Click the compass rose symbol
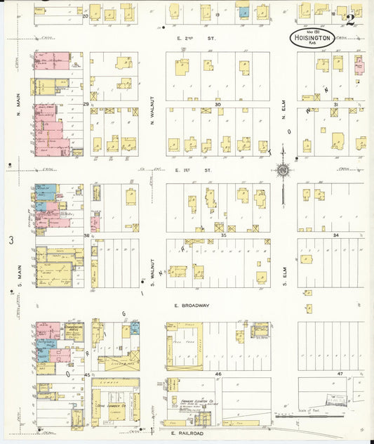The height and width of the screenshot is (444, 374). (x=283, y=169)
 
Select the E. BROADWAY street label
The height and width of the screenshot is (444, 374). (x=193, y=306)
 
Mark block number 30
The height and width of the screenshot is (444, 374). (x=218, y=105)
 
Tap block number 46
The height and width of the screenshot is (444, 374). (x=218, y=374)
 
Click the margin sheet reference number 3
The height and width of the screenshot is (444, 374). (x=11, y=240)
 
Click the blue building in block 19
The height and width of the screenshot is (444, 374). (x=243, y=12)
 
